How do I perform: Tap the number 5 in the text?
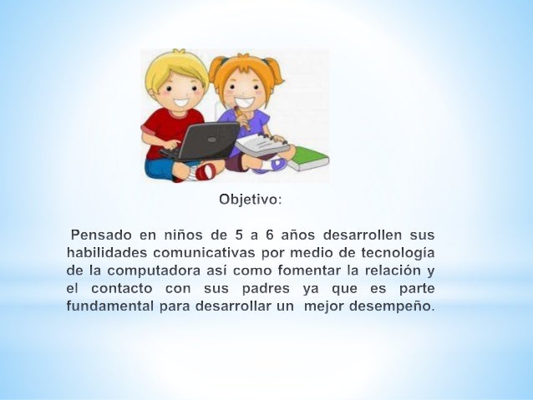[239, 235]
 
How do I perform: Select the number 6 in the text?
[270, 235]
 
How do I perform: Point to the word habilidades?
[107, 252]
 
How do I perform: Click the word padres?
[266, 289]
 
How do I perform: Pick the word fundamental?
[110, 306]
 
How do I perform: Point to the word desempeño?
[392, 307]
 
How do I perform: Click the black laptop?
[204, 142]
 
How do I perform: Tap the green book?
[308, 159]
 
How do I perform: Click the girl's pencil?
[242, 118]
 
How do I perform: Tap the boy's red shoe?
[206, 172]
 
